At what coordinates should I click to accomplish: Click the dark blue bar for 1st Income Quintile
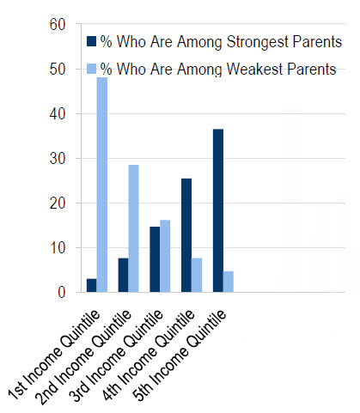pyautogui.click(x=92, y=285)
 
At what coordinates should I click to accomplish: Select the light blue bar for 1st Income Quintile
pyautogui.click(x=102, y=185)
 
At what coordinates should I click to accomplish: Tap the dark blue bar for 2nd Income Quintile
pyautogui.click(x=123, y=275)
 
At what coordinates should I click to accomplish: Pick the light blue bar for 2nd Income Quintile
pyautogui.click(x=133, y=228)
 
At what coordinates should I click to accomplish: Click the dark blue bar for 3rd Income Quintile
pyautogui.click(x=155, y=259)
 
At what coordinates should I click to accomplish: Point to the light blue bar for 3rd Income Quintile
pyautogui.click(x=165, y=256)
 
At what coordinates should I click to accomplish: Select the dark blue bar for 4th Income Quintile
pyautogui.click(x=186, y=235)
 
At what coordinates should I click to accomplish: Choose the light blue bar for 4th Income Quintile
pyautogui.click(x=197, y=275)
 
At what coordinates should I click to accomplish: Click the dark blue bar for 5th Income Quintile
pyautogui.click(x=218, y=210)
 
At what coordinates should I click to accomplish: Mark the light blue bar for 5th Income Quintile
pyautogui.click(x=229, y=282)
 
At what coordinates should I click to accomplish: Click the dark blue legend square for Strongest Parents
pyautogui.click(x=92, y=41)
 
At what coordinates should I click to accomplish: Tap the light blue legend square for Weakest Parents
pyautogui.click(x=92, y=69)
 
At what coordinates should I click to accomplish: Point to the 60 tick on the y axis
pyautogui.click(x=58, y=24)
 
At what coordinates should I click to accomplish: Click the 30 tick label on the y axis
pyautogui.click(x=58, y=159)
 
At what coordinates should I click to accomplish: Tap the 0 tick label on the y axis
pyautogui.click(x=62, y=293)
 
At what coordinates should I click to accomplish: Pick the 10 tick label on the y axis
pyautogui.click(x=58, y=248)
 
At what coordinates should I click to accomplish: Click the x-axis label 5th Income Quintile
pyautogui.click(x=180, y=355)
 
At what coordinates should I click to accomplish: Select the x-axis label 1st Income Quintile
pyautogui.click(x=54, y=355)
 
